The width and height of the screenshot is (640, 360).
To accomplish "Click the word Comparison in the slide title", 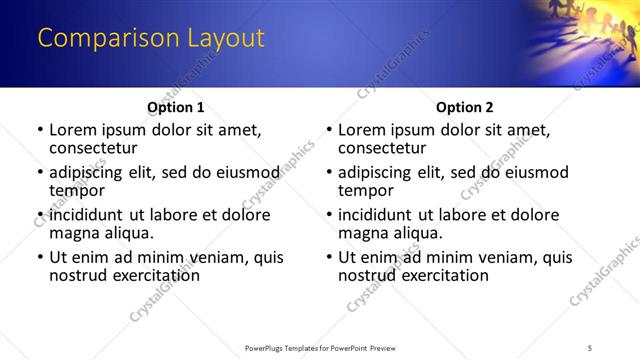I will click(x=101, y=39).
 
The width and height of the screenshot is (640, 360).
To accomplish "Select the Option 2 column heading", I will click(x=464, y=107).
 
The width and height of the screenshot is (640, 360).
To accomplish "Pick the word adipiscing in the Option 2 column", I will click(x=381, y=172).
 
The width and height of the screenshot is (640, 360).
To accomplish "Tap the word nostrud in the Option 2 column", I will click(x=370, y=275).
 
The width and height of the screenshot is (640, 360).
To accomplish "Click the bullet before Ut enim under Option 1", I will click(x=39, y=257).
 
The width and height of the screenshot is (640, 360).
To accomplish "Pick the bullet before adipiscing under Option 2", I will click(x=328, y=172).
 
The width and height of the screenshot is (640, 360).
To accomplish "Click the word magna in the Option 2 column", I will click(x=364, y=233).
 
